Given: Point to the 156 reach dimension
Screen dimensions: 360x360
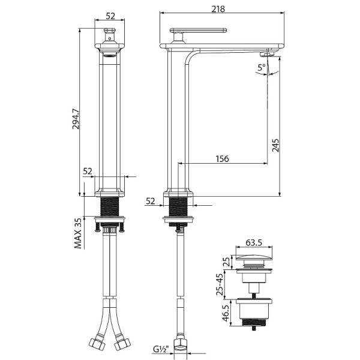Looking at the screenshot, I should [223, 158].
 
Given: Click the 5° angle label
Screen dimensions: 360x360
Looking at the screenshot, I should [261, 68].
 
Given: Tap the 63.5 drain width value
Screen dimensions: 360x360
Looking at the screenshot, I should [255, 244].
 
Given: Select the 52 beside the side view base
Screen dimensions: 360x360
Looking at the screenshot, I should [150, 201].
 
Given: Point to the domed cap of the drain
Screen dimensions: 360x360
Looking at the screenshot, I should [254, 260].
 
